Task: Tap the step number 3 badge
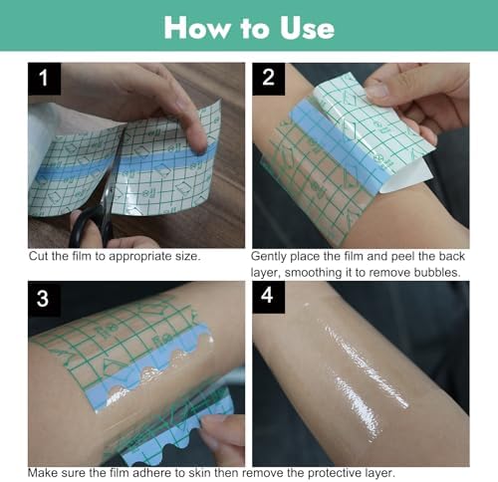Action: click(45, 298)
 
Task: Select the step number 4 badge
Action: click(269, 298)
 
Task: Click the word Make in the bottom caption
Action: click(45, 472)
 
